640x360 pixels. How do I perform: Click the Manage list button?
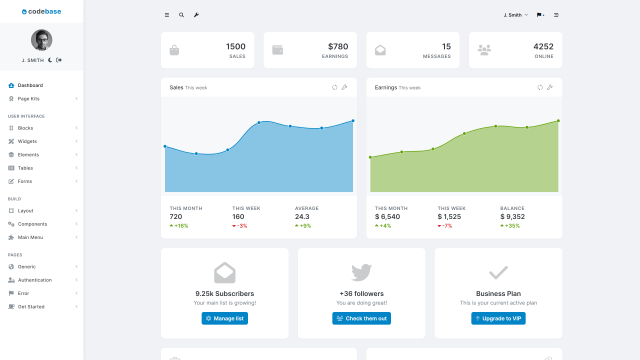pyautogui.click(x=224, y=318)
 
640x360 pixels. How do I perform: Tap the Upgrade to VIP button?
pyautogui.click(x=497, y=318)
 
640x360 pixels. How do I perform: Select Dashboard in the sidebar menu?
pyautogui.click(x=30, y=85)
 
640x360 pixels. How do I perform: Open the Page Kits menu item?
pyautogui.click(x=29, y=99)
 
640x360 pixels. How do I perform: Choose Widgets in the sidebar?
pyautogui.click(x=27, y=141)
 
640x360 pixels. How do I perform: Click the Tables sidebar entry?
pyautogui.click(x=26, y=168)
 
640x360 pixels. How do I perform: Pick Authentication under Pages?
pyautogui.click(x=35, y=280)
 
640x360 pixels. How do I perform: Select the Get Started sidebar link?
pyautogui.click(x=31, y=306)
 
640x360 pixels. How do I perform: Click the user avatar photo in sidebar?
pyautogui.click(x=42, y=40)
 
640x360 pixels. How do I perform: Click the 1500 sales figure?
pyautogui.click(x=235, y=46)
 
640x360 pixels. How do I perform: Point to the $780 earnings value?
pyautogui.click(x=338, y=46)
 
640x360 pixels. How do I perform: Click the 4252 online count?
pyautogui.click(x=543, y=46)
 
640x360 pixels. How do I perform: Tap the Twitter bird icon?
pyautogui.click(x=361, y=272)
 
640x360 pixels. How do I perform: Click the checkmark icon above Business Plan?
pyautogui.click(x=497, y=272)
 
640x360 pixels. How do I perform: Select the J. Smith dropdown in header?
pyautogui.click(x=513, y=15)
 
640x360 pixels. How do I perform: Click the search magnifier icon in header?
pyautogui.click(x=181, y=15)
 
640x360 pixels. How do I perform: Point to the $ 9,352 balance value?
pyautogui.click(x=514, y=217)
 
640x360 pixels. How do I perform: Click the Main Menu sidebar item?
pyautogui.click(x=30, y=237)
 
